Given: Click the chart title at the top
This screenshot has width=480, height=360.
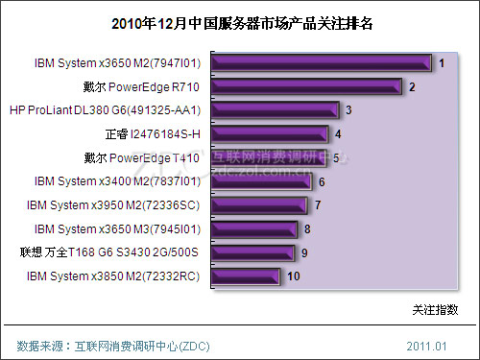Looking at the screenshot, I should point(240,21).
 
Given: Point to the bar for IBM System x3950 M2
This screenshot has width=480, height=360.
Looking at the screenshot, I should point(254,204).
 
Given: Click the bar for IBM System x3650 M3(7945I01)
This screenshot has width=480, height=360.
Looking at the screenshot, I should point(251,228).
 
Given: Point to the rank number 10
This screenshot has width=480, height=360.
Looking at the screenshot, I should point(294,276).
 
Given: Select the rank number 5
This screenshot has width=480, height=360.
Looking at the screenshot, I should point(336,157).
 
